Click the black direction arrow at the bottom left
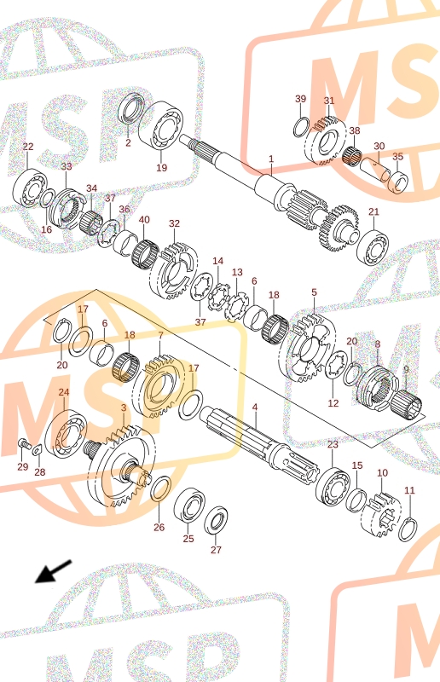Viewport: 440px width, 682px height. (53, 571)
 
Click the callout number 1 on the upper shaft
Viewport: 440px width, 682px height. (271, 159)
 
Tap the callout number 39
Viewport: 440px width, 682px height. (301, 99)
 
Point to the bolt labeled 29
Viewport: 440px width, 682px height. (24, 444)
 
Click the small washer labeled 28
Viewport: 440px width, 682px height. (37, 449)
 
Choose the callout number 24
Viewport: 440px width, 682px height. (64, 392)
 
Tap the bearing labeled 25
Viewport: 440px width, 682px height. (190, 505)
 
